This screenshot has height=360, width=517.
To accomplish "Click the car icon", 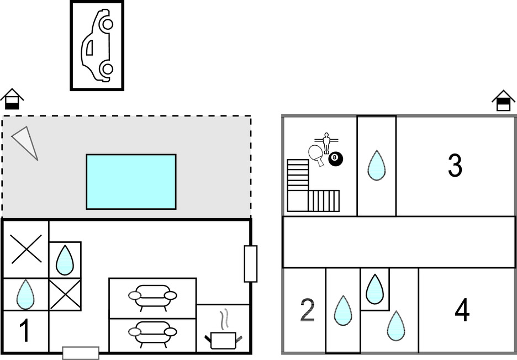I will (x=97, y=45).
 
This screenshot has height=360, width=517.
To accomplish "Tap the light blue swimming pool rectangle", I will (x=131, y=182).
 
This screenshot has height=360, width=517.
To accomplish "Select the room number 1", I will (x=24, y=331).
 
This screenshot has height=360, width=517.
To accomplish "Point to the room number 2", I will (x=307, y=311).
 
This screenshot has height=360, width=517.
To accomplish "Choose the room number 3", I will (x=455, y=166).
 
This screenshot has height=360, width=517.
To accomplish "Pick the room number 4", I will (x=462, y=311).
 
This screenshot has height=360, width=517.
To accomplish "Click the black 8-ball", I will (x=335, y=159).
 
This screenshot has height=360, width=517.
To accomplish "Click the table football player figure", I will (x=326, y=143).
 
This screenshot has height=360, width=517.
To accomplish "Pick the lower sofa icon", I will (x=152, y=332).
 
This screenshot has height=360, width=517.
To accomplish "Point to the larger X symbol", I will (x=26, y=248).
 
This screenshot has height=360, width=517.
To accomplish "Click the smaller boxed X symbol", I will (x=65, y=294).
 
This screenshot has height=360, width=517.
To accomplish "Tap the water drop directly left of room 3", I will (x=377, y=165).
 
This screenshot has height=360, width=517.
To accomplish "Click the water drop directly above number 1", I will (x=25, y=294).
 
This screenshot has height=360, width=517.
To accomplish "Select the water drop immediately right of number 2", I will (x=343, y=310).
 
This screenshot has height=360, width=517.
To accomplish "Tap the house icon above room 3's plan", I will (x=503, y=101).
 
